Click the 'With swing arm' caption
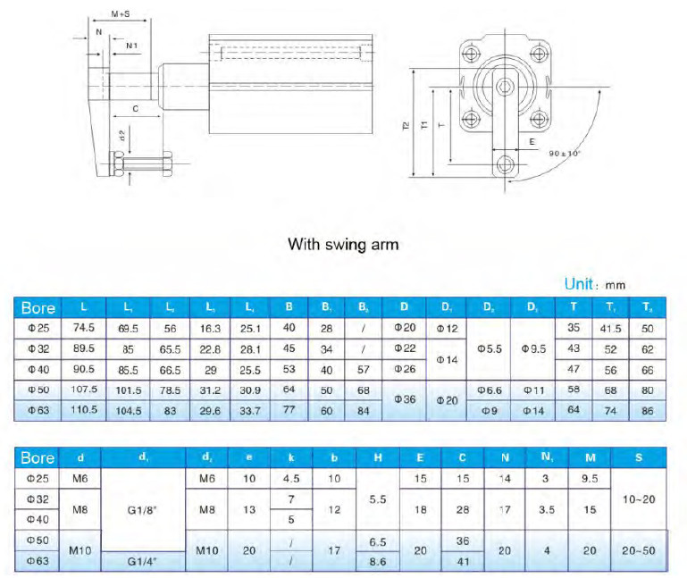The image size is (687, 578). [342, 243]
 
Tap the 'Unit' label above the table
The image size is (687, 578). [582, 284]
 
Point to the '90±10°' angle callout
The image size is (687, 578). [566, 154]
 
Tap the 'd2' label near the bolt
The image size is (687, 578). [122, 136]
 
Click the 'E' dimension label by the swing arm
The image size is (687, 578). [532, 140]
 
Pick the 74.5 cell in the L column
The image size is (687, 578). [84, 328]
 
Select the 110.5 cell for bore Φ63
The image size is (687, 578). [84, 410]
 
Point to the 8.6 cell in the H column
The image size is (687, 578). [378, 562]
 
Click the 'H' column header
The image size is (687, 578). [378, 458]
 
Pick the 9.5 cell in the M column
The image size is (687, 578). [590, 479]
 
